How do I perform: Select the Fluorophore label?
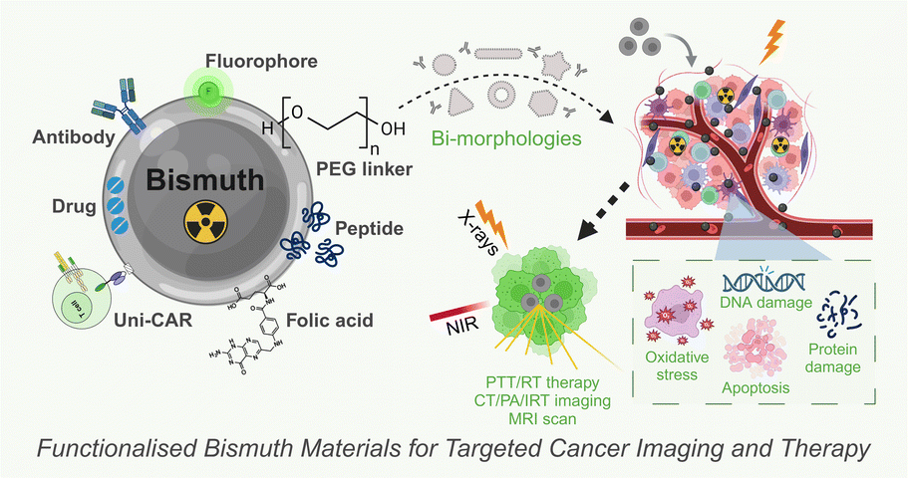(258, 61)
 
